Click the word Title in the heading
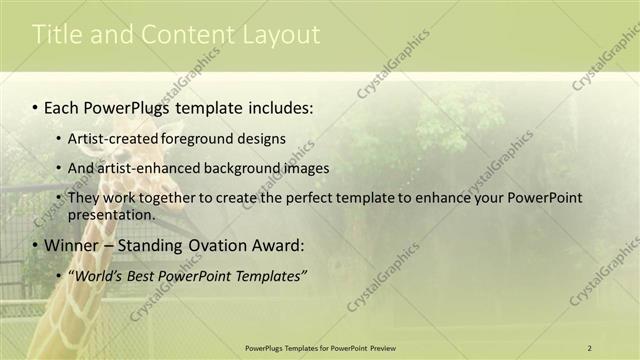click(55, 35)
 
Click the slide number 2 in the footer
click(589, 347)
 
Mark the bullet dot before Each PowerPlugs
click(35, 105)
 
